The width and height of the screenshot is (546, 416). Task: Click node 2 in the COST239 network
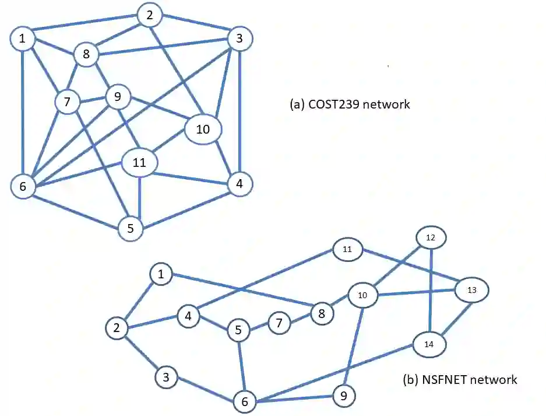coord(150,16)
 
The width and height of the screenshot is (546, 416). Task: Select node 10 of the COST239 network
coord(203,129)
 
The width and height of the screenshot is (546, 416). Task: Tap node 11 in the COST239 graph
coord(139,163)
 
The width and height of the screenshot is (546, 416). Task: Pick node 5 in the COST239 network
coord(131,229)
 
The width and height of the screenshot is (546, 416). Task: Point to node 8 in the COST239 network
coord(86,55)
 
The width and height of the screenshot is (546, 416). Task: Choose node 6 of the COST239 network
coord(23,187)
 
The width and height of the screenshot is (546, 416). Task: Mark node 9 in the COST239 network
coord(118,97)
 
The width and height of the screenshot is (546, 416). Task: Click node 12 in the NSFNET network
coord(431,237)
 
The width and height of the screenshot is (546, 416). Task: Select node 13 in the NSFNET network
coord(472,289)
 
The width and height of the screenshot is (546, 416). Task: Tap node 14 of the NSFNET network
coord(429,344)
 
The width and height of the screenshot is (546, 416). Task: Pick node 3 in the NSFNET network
coord(167,377)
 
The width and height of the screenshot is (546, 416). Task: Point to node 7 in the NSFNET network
coord(279,323)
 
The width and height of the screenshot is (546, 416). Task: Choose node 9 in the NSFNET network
coord(343,397)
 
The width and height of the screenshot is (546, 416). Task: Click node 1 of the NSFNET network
coord(161,274)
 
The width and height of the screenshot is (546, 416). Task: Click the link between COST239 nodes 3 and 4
coord(241,111)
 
